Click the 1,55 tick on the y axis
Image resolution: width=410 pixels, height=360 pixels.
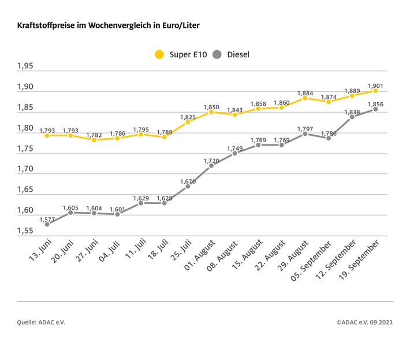coord(25,231)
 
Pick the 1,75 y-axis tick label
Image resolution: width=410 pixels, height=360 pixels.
coord(25,149)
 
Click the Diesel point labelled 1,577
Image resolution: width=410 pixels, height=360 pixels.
coord(47,224)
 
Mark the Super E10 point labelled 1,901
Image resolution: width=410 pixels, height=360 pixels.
coord(375,91)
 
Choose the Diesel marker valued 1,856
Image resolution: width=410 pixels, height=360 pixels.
coord(375,109)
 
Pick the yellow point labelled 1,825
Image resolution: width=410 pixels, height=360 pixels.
coord(188,122)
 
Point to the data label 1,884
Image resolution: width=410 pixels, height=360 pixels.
coord(305,92)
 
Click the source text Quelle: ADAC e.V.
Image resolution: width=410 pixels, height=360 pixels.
coord(41,322)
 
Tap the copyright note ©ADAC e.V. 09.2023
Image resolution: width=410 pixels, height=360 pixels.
coord(364,322)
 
